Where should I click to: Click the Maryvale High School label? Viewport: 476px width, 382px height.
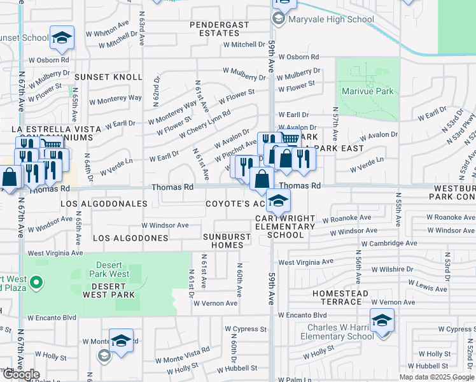pos(330,19)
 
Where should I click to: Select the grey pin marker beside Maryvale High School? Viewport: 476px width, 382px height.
pos(278,19)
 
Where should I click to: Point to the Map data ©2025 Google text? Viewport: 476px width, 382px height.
pos(437,377)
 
